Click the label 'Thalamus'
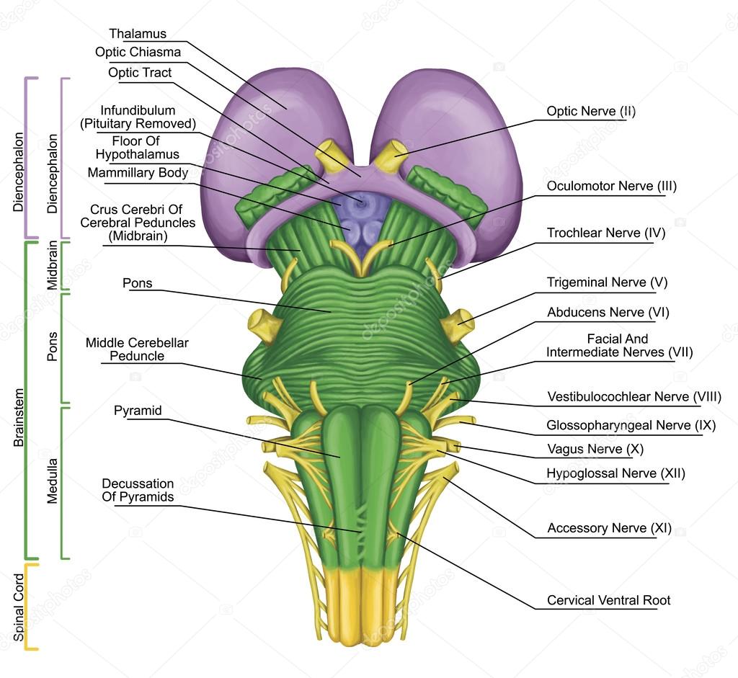[x=138, y=34]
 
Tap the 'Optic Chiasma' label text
[x=138, y=52]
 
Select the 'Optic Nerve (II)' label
[x=591, y=111]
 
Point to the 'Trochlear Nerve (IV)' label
[x=606, y=233]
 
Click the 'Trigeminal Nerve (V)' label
[x=607, y=282]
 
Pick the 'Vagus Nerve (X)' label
[x=595, y=449]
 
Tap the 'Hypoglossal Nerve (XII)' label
[x=615, y=473]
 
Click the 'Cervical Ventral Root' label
[x=608, y=600]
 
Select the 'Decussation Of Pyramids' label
[x=138, y=490]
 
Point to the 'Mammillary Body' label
[x=138, y=173]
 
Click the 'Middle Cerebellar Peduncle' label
[x=137, y=349]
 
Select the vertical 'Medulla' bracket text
[x=52, y=481]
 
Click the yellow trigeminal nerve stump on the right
[x=458, y=326]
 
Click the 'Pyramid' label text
[x=138, y=411]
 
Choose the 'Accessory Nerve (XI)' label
[x=609, y=528]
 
